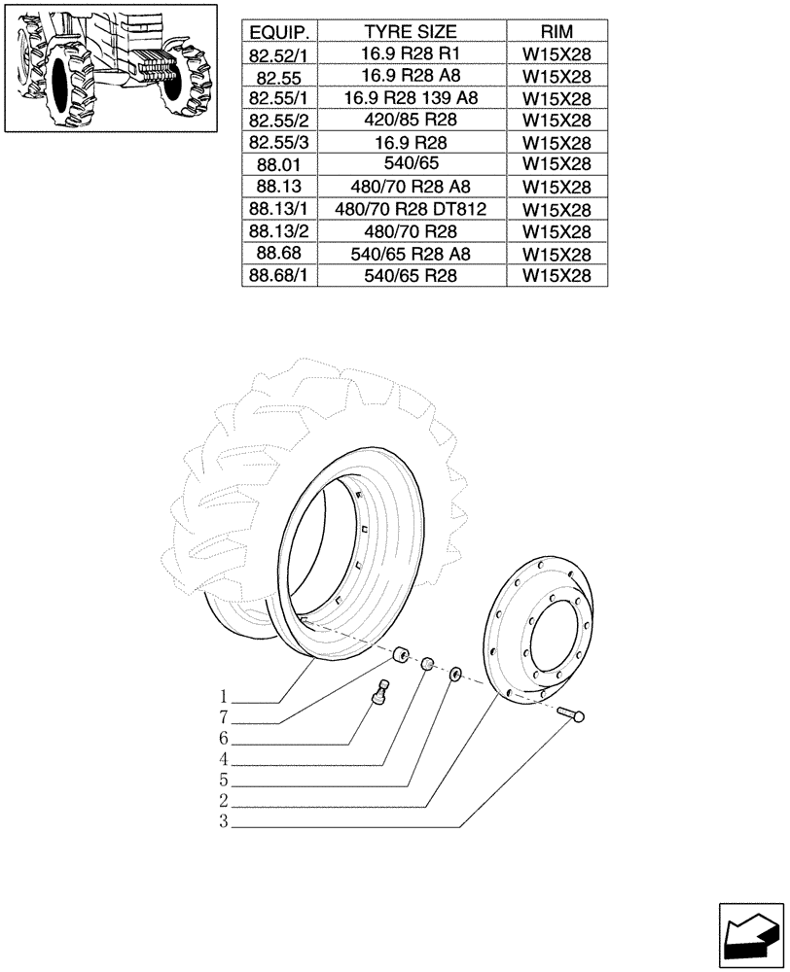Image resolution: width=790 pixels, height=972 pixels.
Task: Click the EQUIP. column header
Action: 280,31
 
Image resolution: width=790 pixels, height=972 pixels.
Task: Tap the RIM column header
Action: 557,31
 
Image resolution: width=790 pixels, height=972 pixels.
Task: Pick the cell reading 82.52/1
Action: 280,54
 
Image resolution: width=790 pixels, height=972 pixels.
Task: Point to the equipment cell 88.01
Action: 280,164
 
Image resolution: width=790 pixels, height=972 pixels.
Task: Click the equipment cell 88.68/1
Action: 280,276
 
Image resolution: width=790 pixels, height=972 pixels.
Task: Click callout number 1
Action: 223,697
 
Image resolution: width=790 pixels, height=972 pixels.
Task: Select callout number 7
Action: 223,717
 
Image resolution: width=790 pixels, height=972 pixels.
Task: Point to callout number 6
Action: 223,739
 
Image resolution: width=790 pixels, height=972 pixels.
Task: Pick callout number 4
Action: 223,759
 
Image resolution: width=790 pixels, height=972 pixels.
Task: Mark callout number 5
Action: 223,781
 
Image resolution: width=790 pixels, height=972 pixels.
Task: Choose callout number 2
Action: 223,801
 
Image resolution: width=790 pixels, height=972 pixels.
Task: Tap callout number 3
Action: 223,822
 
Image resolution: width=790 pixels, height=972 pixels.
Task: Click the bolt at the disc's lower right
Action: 572,716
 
